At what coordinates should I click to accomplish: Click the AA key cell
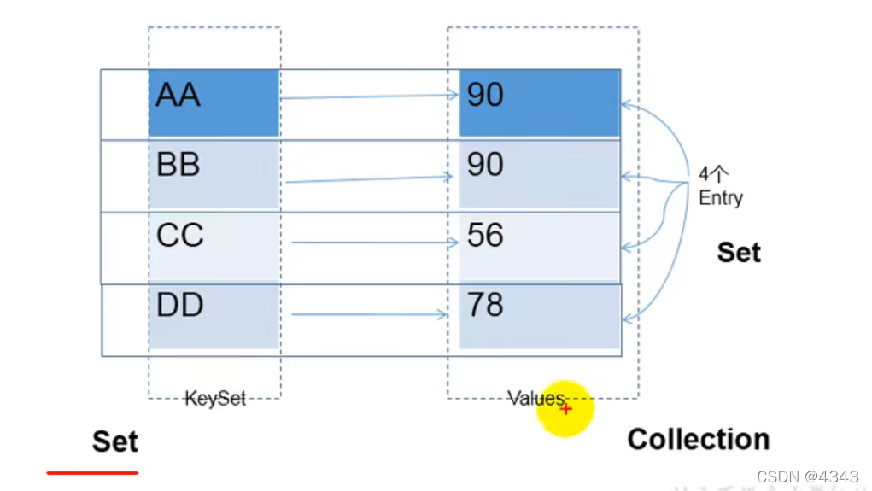pos(214,103)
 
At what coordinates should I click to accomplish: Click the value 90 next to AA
pos(539,103)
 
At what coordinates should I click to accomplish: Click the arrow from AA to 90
pos(369,96)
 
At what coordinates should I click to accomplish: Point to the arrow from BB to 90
pos(369,179)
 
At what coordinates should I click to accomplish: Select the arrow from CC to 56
pos(374,243)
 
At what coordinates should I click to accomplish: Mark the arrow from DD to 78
pos(369,315)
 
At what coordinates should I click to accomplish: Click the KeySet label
pos(215,399)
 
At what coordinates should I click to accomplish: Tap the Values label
pos(535,399)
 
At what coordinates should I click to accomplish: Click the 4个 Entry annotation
pos(720,187)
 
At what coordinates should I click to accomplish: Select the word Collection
pos(698,440)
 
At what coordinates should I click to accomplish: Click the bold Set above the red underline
pos(114,441)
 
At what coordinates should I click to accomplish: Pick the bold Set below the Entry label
pos(739,253)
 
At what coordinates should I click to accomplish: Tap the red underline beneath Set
pos(92,471)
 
